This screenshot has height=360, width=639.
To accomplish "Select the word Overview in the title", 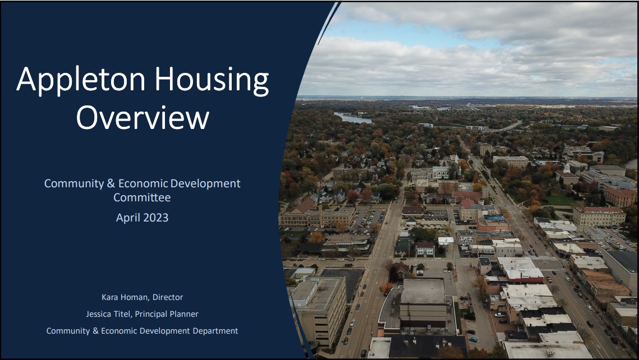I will (142, 118).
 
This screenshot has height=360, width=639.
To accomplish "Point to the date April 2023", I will (142, 218).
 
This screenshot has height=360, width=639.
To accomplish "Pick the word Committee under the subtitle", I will (142, 197).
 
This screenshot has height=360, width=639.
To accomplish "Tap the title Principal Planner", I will (167, 314).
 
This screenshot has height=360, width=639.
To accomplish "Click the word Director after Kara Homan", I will (168, 297).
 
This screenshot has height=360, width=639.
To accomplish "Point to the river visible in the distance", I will (353, 118).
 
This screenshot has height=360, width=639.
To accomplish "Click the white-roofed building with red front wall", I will (520, 271).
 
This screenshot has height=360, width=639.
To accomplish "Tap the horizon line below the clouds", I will (466, 98).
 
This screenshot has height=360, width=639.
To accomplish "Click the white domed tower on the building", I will (567, 168).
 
